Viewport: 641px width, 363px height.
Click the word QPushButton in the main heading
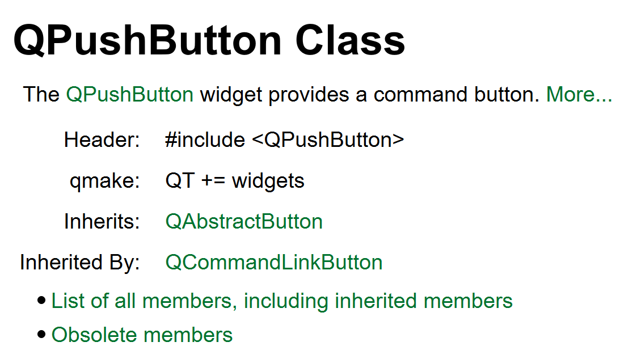tap(147, 40)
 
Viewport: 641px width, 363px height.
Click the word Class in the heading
tap(350, 40)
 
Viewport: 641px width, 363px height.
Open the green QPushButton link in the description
tap(129, 94)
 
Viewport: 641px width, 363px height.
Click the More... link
tap(579, 94)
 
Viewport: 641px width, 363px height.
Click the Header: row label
tap(102, 140)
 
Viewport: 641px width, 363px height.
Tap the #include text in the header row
tap(205, 140)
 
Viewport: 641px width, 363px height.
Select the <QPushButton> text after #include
tap(328, 140)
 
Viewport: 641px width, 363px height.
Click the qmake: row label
tap(104, 181)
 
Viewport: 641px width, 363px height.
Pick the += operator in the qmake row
tap(213, 181)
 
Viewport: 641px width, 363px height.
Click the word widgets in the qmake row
tap(268, 181)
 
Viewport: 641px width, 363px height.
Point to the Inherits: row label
tap(102, 222)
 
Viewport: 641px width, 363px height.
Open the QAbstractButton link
tap(244, 222)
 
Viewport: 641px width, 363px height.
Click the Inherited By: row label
tap(80, 263)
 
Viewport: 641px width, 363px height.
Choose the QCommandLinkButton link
tap(274, 263)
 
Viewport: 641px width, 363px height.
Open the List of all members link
tap(282, 301)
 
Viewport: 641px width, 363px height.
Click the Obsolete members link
tap(142, 335)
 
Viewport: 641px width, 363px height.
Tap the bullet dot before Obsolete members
tap(41, 335)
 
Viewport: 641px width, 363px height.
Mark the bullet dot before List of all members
tap(41, 301)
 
